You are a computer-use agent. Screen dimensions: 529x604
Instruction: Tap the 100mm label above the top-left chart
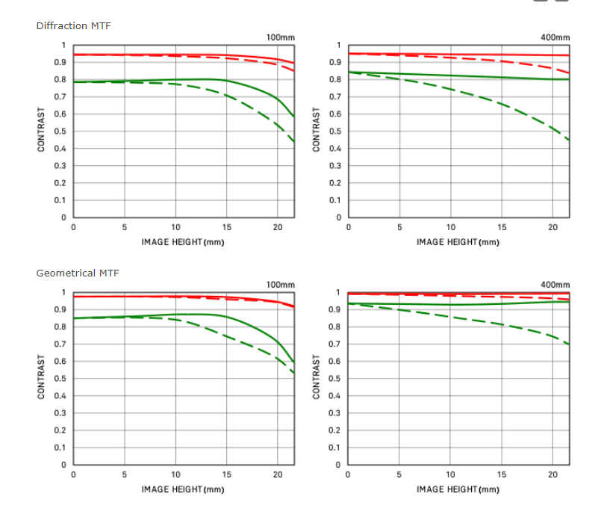tap(280, 37)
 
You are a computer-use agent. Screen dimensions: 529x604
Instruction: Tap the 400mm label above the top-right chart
tap(555, 37)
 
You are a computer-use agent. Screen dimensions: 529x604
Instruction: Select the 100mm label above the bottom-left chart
tap(280, 285)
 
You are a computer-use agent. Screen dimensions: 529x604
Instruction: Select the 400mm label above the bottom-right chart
tap(555, 285)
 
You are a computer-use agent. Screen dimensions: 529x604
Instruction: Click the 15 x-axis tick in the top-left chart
tap(227, 227)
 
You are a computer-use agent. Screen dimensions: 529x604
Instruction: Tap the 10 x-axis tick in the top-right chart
tap(451, 227)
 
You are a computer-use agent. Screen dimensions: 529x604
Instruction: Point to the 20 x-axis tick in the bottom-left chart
tap(278, 474)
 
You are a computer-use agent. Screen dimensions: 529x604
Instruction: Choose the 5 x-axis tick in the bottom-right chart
tap(399, 474)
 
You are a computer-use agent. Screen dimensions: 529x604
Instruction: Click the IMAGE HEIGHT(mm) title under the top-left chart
tap(183, 242)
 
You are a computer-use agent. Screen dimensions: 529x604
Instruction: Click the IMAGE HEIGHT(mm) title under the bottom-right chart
tap(458, 489)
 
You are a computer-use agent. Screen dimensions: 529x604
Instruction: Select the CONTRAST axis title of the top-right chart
tap(317, 132)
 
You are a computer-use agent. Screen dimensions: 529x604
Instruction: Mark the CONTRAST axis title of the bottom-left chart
tap(42, 379)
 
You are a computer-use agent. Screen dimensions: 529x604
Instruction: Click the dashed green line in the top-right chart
tap(478, 96)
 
